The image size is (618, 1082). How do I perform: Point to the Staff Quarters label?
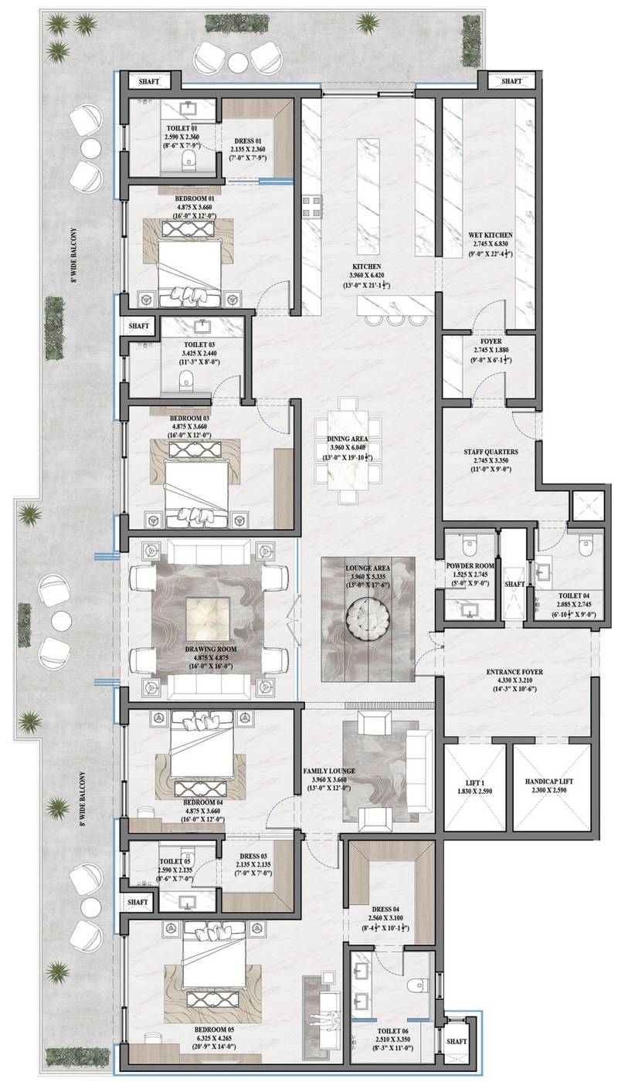coord(491,452)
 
